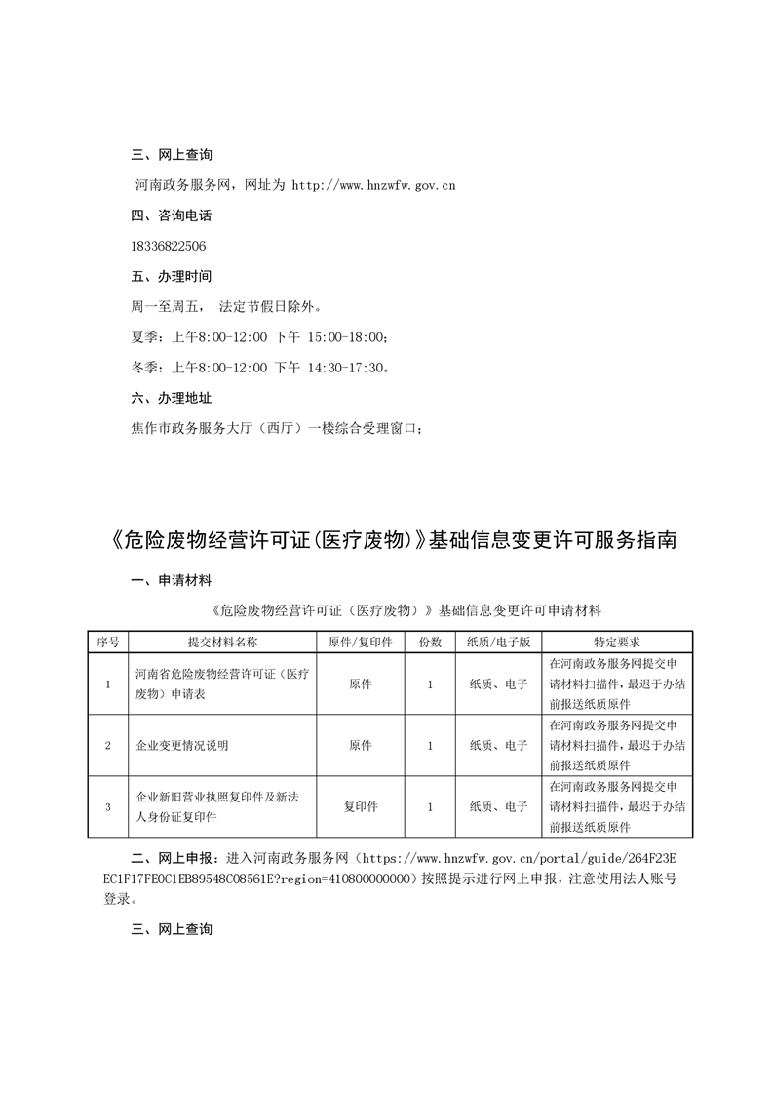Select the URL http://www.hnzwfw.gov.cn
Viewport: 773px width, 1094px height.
pyautogui.click(x=373, y=184)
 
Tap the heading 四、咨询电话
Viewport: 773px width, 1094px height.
pyautogui.click(x=171, y=215)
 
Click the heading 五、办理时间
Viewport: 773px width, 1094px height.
pyautogui.click(x=171, y=276)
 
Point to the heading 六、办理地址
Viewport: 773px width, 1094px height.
pyautogui.click(x=171, y=398)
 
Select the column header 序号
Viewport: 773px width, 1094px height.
pyautogui.click(x=107, y=643)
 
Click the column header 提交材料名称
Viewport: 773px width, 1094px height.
pyautogui.click(x=222, y=643)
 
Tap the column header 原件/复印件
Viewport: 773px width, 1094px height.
pyautogui.click(x=360, y=643)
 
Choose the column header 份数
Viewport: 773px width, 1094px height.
pyautogui.click(x=430, y=643)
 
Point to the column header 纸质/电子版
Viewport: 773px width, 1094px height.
pyautogui.click(x=498, y=643)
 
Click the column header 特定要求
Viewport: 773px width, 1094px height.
pyautogui.click(x=617, y=643)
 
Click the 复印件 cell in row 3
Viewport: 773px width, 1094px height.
pyautogui.click(x=361, y=806)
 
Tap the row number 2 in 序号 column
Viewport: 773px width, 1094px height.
pyautogui.click(x=107, y=746)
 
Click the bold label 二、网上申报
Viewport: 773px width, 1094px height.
pyautogui.click(x=171, y=858)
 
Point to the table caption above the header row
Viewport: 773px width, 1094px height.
pyautogui.click(x=406, y=611)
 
